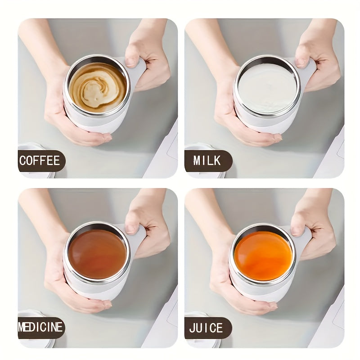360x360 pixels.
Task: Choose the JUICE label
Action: coord(207,328)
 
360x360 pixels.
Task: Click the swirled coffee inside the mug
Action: coord(97,87)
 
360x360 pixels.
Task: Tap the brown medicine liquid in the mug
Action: coord(97,253)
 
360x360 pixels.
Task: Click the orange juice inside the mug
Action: coord(263,256)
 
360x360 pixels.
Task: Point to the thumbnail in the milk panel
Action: coord(301,62)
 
